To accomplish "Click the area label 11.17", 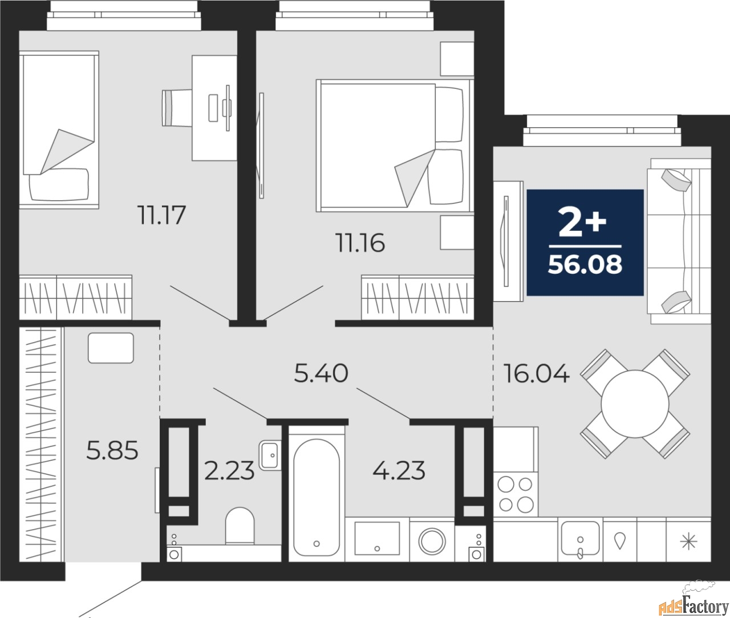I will pyautogui.click(x=162, y=216).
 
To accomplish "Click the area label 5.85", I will pyautogui.click(x=112, y=452).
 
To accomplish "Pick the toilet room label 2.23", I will pyautogui.click(x=229, y=471).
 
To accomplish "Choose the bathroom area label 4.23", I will pyautogui.click(x=399, y=471).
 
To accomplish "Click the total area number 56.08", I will pyautogui.click(x=585, y=265).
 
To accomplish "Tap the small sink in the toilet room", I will pyautogui.click(x=269, y=455).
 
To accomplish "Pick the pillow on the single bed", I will pyautogui.click(x=59, y=185).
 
